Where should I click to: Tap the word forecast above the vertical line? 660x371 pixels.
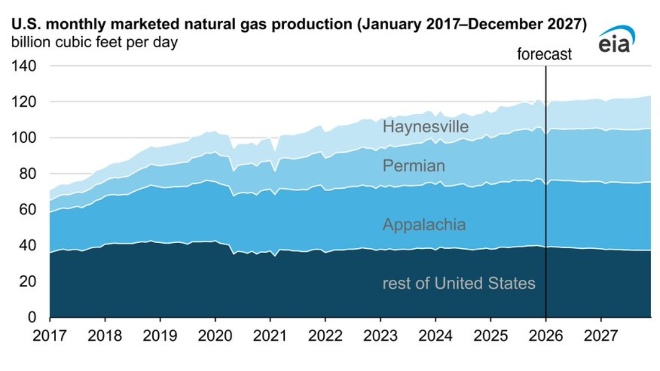[544, 54]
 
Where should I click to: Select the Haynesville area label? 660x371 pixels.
[425, 127]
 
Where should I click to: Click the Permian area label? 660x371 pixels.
[414, 166]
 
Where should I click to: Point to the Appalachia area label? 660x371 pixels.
[424, 225]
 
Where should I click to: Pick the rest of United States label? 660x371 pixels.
[458, 283]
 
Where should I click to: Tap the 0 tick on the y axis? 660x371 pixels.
[31, 317]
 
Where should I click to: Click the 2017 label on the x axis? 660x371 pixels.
[50, 336]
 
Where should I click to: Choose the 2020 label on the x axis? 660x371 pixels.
[215, 336]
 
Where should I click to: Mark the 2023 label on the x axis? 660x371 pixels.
[380, 336]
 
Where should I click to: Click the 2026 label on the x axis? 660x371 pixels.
[546, 336]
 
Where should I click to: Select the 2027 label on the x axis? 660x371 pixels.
[601, 336]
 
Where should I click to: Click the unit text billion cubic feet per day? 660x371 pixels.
[94, 42]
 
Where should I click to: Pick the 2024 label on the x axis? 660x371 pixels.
[435, 336]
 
